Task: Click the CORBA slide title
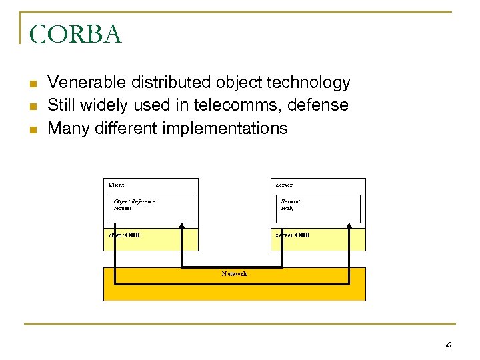(75, 35)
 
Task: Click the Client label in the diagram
(116, 185)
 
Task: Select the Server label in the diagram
(284, 185)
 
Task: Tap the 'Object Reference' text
(134, 201)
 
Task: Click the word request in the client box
(123, 208)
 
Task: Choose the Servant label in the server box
(291, 201)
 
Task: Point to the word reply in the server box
(287, 208)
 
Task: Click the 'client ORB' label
(124, 235)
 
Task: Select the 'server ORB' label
(293, 235)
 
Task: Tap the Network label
(234, 274)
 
